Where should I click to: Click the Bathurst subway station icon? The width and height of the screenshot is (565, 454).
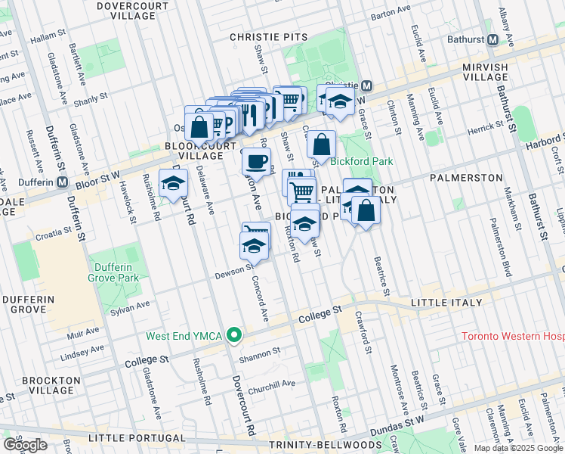click(492, 39)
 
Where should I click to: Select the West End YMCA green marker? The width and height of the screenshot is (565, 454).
click(235, 334)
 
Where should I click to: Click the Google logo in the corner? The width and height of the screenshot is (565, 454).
click(26, 445)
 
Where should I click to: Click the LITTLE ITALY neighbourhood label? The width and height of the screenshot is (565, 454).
click(446, 303)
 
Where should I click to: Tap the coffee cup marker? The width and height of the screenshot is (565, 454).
click(257, 160)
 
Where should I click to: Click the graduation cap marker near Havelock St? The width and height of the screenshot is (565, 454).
click(174, 183)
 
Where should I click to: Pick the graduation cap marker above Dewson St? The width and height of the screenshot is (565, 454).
click(254, 246)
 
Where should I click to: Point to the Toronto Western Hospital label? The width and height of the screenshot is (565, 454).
click(512, 336)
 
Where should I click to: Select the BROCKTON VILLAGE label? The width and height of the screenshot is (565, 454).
click(51, 384)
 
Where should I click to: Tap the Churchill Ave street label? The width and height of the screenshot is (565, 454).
click(273, 384)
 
